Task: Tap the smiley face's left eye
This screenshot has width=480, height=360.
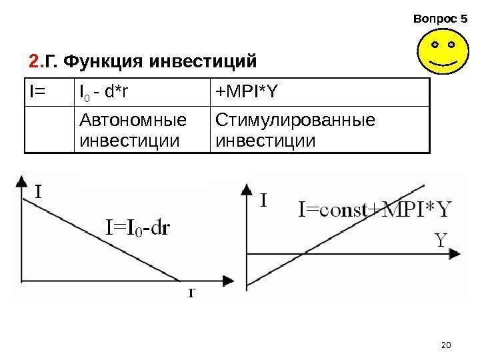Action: pos(435,46)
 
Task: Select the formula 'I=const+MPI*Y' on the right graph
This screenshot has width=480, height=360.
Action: pos(373,210)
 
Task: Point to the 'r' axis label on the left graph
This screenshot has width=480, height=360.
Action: pos(191,291)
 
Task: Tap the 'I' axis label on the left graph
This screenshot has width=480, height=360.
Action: pos(39,192)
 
